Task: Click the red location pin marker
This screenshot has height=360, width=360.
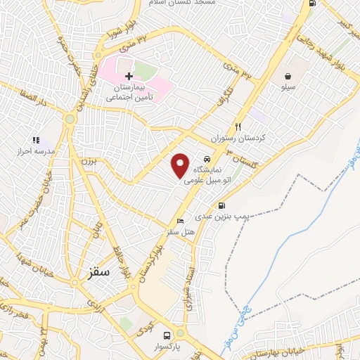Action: (x=181, y=165)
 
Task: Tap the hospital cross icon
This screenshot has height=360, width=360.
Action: (x=129, y=75)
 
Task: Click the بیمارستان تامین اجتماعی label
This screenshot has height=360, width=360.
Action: (x=129, y=92)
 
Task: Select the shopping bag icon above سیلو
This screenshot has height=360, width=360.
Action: (x=289, y=76)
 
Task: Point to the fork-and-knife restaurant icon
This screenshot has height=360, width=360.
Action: (x=238, y=127)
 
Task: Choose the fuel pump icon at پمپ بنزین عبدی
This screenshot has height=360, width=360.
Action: (x=222, y=206)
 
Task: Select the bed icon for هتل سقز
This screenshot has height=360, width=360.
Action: (x=180, y=219)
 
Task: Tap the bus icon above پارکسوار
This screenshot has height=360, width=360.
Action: (x=167, y=335)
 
